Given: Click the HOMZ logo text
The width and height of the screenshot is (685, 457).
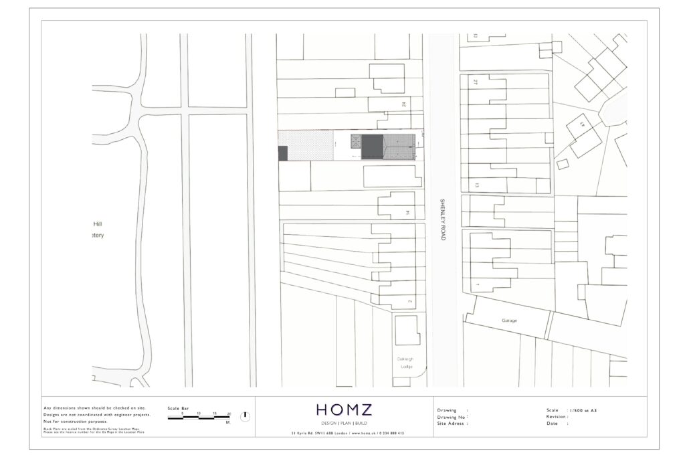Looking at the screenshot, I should (x=345, y=409).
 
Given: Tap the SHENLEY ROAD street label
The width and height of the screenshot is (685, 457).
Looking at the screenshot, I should (x=442, y=219).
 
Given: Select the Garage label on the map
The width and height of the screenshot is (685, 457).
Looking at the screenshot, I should (x=509, y=321).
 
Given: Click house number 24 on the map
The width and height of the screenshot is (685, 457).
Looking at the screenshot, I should (x=404, y=104).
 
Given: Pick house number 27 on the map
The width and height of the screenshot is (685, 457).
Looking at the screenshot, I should (x=475, y=82).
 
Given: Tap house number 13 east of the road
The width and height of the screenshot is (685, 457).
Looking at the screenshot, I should (x=477, y=185).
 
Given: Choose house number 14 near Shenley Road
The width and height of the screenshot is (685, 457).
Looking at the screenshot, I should (x=406, y=213).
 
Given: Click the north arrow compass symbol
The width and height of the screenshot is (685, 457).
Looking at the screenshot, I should (x=246, y=416).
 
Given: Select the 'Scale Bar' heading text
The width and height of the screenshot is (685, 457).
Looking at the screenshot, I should (x=179, y=408).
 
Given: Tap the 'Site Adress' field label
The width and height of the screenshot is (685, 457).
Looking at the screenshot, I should (x=452, y=423).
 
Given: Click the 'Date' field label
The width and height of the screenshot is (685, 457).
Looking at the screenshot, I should (x=552, y=423).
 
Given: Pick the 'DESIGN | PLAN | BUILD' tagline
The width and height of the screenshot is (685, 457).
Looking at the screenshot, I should (x=345, y=424).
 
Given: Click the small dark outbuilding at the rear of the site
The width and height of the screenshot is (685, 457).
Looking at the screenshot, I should (x=282, y=153).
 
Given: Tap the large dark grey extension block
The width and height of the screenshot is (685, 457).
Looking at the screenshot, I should (x=373, y=147).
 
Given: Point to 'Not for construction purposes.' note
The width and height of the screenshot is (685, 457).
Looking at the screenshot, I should (x=75, y=422).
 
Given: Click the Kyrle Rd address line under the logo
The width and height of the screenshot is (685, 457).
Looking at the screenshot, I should (x=348, y=434).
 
